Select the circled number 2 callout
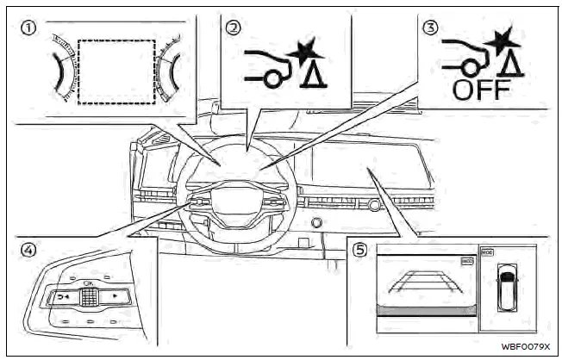pos(232,27)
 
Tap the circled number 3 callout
pos(430,27)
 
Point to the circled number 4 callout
pos(28,250)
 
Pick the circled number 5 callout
pos(361,251)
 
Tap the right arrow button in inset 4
pos(114,297)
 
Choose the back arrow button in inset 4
pos(64,297)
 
